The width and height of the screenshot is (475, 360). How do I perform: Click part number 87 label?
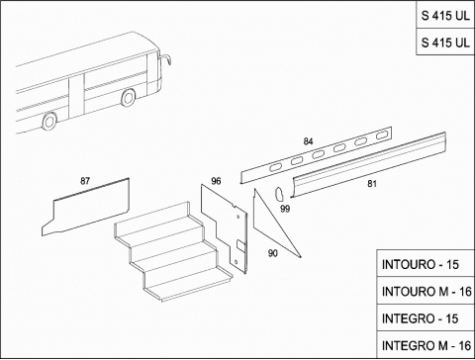[x=85, y=181]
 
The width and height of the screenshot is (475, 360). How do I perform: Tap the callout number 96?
[x=216, y=181]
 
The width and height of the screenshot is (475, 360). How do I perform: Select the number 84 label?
[x=308, y=141]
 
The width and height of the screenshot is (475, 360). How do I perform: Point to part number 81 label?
[x=372, y=184]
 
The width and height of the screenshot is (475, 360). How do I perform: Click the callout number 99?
[x=285, y=209]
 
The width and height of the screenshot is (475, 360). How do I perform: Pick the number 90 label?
[x=273, y=253]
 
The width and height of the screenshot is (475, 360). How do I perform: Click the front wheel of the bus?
[x=128, y=98]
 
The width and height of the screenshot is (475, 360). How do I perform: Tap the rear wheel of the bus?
[x=49, y=121]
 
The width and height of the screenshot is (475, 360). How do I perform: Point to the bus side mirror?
[x=166, y=59]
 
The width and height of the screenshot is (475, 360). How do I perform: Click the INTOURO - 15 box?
[x=426, y=264]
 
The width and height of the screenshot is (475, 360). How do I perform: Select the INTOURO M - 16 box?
[x=426, y=291]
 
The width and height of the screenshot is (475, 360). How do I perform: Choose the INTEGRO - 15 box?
[x=426, y=318]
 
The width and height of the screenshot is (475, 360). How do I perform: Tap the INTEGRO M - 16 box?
[x=426, y=345]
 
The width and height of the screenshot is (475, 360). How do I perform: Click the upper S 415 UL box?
[x=445, y=15]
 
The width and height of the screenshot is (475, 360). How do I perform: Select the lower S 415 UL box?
[x=445, y=43]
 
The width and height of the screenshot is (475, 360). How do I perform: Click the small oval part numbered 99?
[x=280, y=194]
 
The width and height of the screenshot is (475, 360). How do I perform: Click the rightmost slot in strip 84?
[x=382, y=135]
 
